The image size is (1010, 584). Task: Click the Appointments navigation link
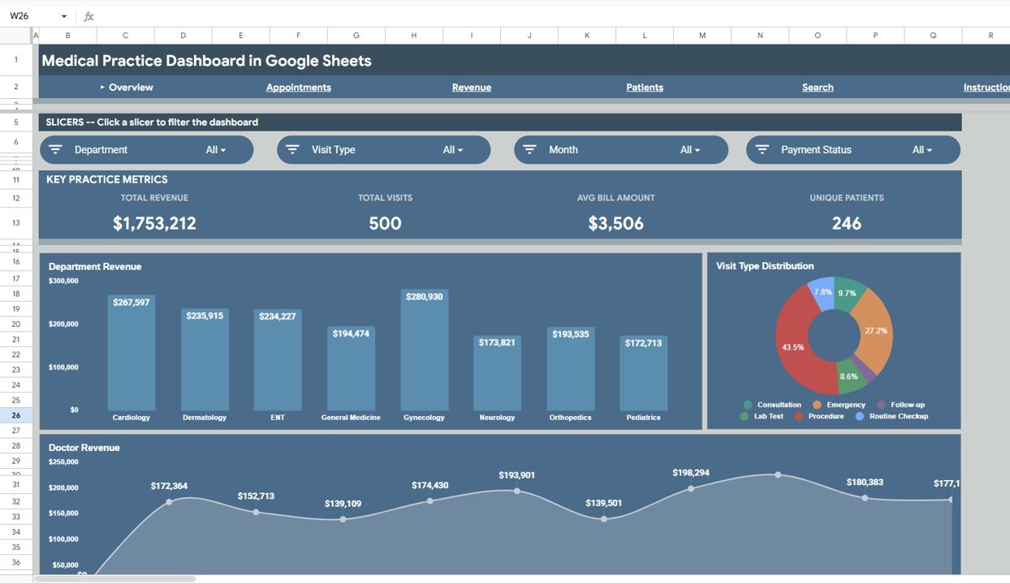coord(298,88)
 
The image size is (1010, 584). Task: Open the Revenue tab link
coord(471,88)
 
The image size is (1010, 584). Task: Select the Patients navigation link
coord(645,88)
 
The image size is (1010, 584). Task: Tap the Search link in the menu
coord(818,88)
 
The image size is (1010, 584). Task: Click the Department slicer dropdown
coord(147,150)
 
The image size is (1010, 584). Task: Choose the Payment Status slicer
coord(852,150)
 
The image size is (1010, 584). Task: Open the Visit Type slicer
coord(384,150)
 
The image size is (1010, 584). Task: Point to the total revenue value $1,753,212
coord(154,224)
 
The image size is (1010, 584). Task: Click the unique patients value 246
coord(846,224)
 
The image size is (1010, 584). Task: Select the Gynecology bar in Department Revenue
coord(424,357)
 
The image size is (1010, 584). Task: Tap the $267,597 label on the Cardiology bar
coord(132,303)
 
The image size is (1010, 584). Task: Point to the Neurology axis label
coord(497,418)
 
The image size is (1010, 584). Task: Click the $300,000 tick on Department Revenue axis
coord(63,281)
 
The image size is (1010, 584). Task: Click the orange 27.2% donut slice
coord(873,328)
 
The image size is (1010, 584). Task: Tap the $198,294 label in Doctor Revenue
coord(690,473)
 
